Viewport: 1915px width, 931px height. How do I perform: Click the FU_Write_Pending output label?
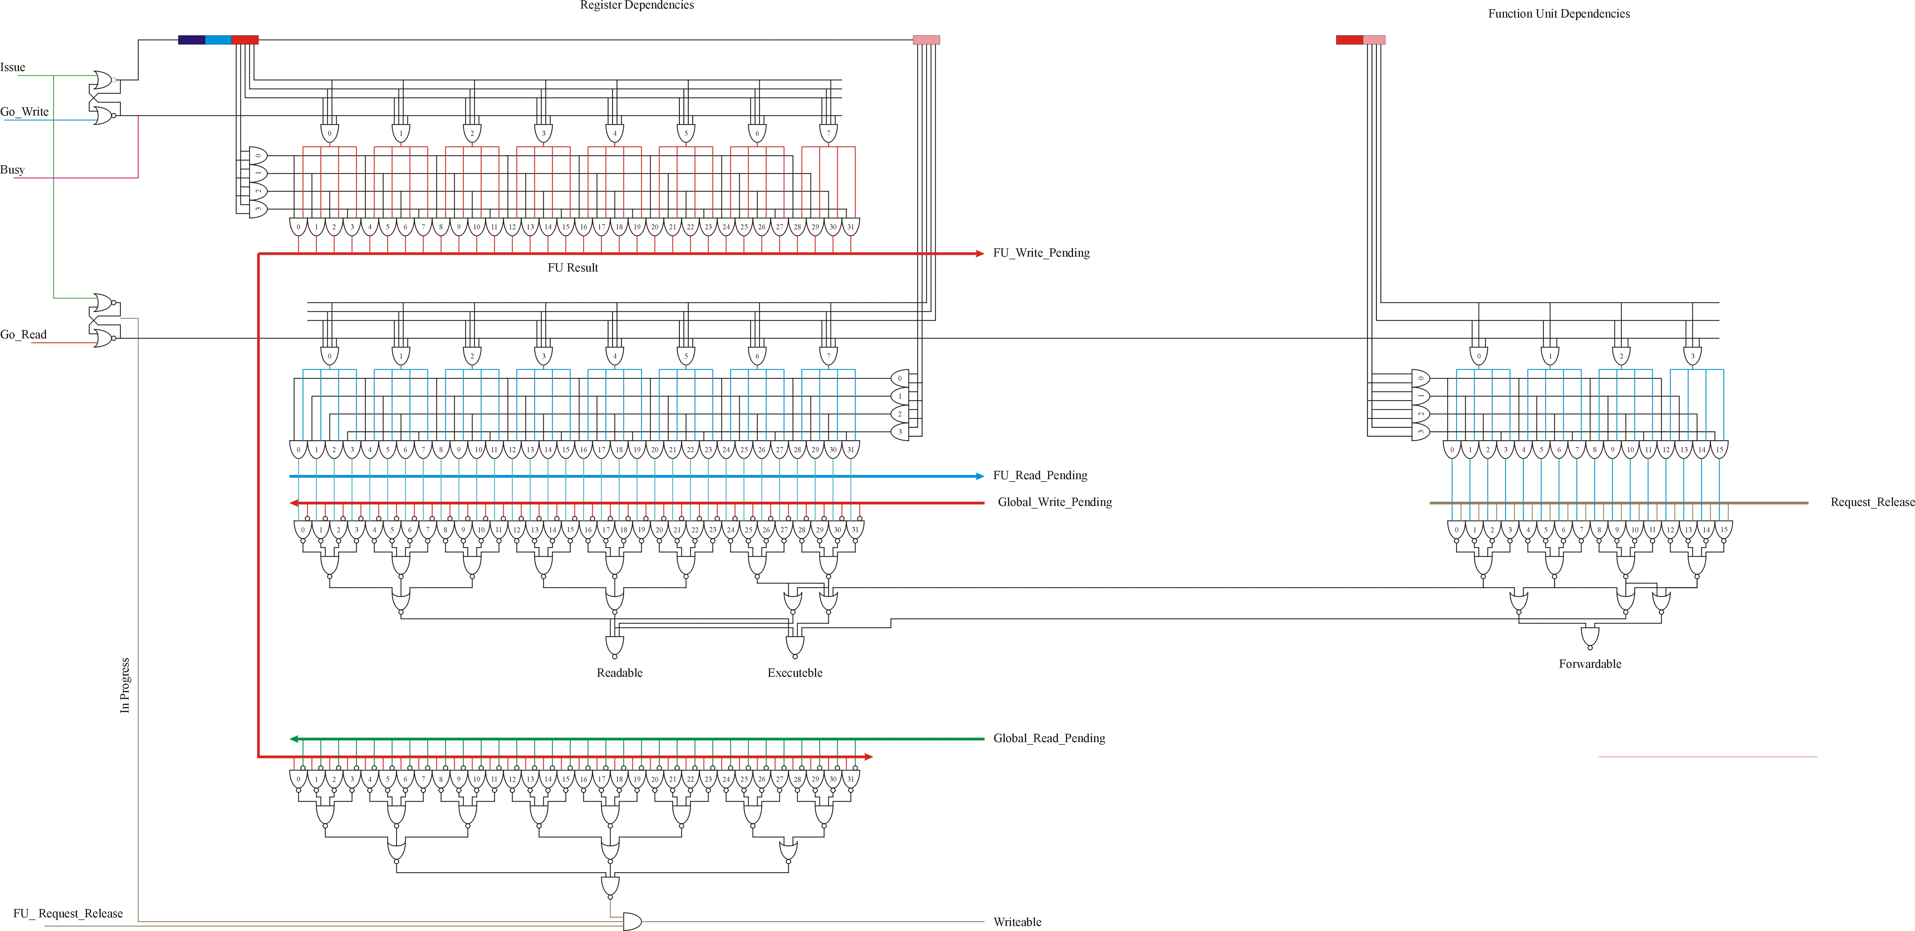click(x=1041, y=253)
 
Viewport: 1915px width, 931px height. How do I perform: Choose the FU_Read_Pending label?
click(x=1040, y=475)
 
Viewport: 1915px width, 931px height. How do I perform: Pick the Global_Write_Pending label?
click(x=1054, y=502)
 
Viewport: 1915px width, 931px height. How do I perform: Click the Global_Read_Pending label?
click(x=1049, y=739)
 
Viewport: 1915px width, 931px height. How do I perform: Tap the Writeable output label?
click(x=1017, y=922)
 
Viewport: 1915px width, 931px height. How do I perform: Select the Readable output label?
click(x=619, y=673)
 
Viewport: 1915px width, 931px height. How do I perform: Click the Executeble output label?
click(x=795, y=673)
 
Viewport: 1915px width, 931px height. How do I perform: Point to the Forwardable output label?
click(x=1589, y=664)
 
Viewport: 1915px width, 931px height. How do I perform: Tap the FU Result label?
click(x=572, y=268)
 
